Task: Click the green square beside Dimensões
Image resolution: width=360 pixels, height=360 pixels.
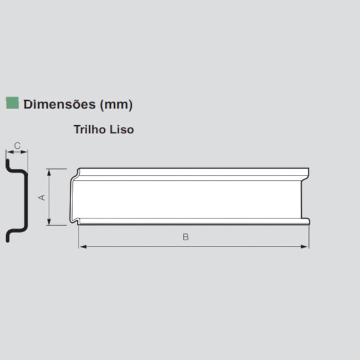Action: pos(12,103)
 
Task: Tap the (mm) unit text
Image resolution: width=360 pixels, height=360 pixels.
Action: pos(116,104)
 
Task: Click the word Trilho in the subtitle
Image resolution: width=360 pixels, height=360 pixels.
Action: pos(91,130)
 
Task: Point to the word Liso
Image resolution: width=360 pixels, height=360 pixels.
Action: pos(122,130)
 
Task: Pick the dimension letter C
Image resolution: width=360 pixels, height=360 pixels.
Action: pos(17,146)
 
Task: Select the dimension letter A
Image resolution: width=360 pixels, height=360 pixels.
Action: pos(42,197)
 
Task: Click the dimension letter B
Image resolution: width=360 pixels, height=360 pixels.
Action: pos(186,237)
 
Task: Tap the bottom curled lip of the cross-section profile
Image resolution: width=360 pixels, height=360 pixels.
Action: pos(8,237)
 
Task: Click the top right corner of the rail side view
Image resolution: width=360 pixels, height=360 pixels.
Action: pos(308,169)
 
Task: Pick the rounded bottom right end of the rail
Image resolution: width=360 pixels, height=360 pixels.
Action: pos(308,222)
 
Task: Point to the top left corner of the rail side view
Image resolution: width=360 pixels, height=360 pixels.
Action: pos(79,169)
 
